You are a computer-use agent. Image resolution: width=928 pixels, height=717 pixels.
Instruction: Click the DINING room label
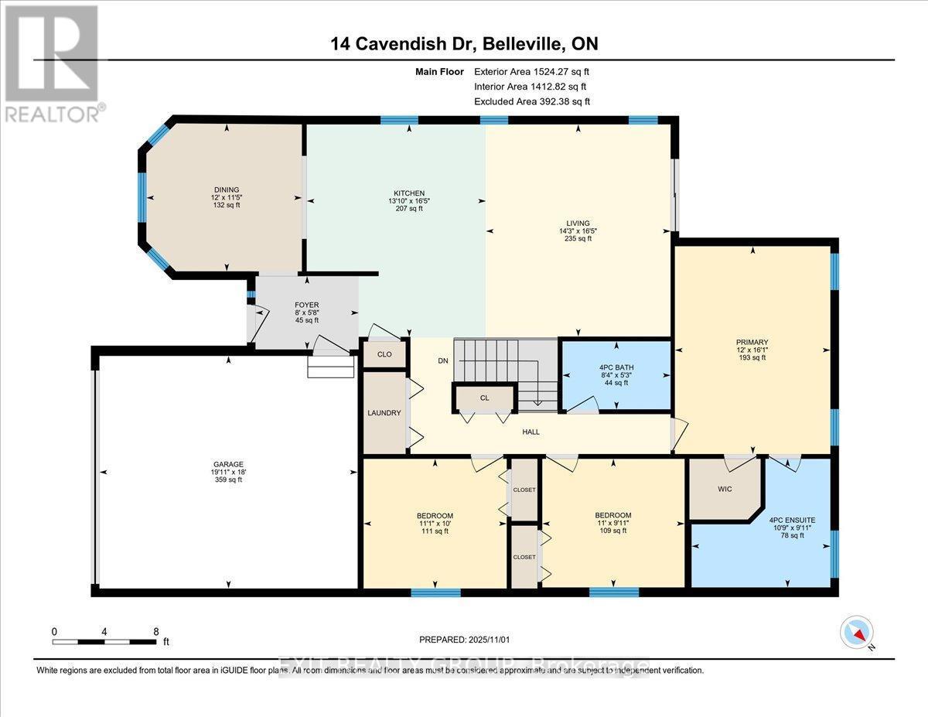coord(227,189)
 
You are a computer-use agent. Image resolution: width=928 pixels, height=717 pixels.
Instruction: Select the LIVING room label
coord(578,223)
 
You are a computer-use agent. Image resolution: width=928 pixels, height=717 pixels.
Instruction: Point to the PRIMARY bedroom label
coord(752,341)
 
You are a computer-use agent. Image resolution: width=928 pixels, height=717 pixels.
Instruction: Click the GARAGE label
coord(228,464)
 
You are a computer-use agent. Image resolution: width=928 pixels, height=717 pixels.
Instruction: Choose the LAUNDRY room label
coord(384,413)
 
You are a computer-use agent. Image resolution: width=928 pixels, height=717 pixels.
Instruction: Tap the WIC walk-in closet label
coord(725,489)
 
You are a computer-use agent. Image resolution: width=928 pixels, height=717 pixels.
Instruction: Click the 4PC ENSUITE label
coord(792,520)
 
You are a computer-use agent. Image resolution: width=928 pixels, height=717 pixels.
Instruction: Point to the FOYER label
coord(307,305)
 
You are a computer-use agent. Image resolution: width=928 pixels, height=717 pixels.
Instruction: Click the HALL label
coord(531,432)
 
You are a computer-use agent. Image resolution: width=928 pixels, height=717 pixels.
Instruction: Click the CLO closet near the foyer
coord(384,354)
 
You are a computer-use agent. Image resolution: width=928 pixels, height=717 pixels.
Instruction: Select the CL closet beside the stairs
coord(485,398)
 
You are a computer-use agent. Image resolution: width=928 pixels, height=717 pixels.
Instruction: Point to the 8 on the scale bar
coord(156,631)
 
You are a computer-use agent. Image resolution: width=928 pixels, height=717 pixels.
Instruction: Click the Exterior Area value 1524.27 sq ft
coord(551,71)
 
